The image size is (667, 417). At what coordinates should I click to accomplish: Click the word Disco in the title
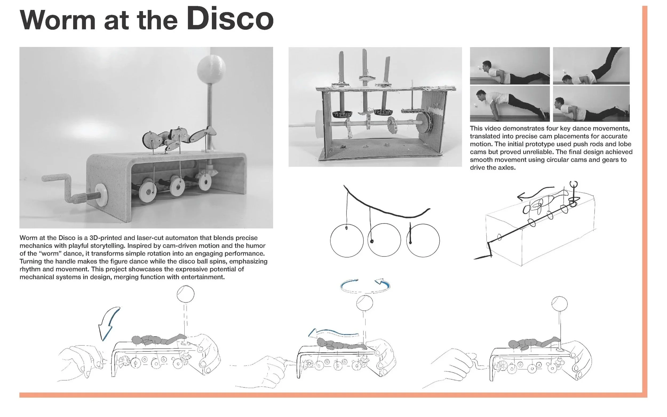[230, 18]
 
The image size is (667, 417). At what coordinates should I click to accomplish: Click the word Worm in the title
[57, 21]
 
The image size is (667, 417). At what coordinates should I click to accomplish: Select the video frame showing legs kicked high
[591, 66]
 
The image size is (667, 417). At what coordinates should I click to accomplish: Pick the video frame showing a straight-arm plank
[510, 104]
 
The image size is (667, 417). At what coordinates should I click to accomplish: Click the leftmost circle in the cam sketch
[347, 240]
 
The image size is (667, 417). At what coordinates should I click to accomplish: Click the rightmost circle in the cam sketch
[423, 240]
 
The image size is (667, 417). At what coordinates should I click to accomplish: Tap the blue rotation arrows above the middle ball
[365, 286]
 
